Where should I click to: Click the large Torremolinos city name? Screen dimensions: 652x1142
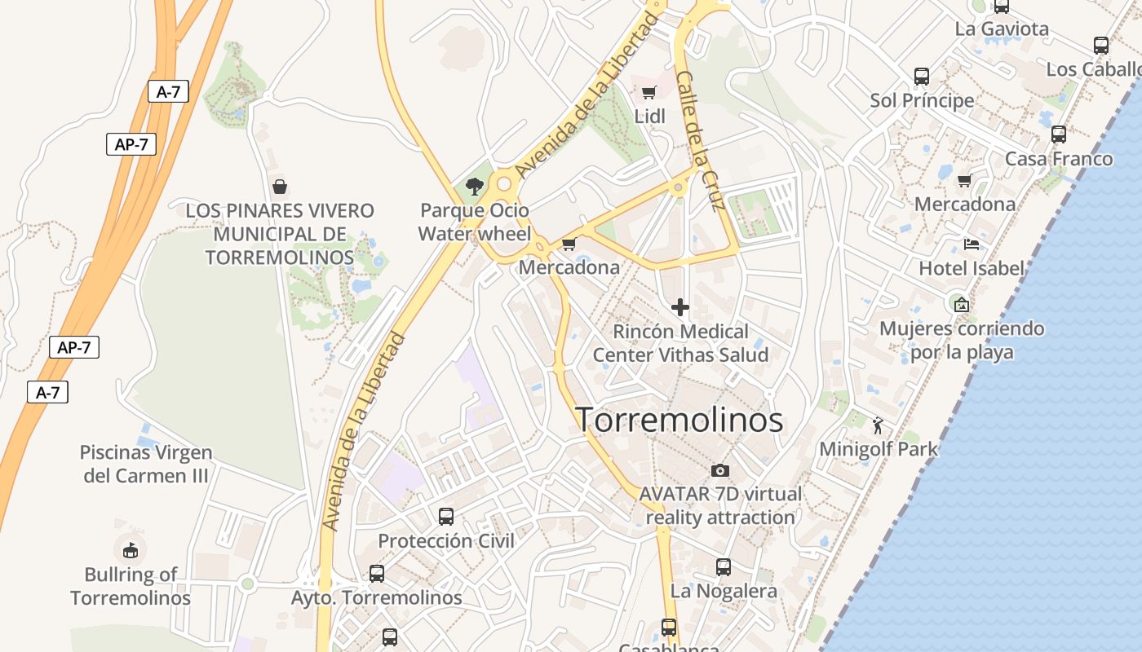pyautogui.click(x=679, y=420)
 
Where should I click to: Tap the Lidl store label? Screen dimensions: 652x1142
pyautogui.click(x=650, y=117)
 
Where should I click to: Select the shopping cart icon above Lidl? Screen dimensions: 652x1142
pyautogui.click(x=648, y=92)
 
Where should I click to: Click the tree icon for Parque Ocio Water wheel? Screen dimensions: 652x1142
pyautogui.click(x=474, y=187)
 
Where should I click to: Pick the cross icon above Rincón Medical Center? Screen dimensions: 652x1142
pyautogui.click(x=679, y=307)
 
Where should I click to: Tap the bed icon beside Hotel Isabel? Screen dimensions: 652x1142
pyautogui.click(x=971, y=244)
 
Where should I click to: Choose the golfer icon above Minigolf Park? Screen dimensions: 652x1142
pyautogui.click(x=878, y=425)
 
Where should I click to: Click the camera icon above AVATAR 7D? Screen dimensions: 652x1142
pyautogui.click(x=719, y=470)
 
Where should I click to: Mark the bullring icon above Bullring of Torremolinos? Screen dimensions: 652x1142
pyautogui.click(x=131, y=550)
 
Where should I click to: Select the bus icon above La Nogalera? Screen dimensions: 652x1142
pyautogui.click(x=724, y=567)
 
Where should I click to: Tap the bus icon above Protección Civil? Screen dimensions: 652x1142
pyautogui.click(x=446, y=517)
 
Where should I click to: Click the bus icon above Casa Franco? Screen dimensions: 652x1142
pyautogui.click(x=1059, y=134)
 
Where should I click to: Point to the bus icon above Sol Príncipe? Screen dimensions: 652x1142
pyautogui.click(x=922, y=77)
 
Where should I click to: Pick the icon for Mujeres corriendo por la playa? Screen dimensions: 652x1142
pyautogui.click(x=962, y=305)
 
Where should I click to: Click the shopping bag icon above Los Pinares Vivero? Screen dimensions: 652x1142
pyautogui.click(x=280, y=187)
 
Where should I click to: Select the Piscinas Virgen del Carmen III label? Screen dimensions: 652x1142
pyautogui.click(x=146, y=464)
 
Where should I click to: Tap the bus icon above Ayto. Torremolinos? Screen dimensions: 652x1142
pyautogui.click(x=377, y=574)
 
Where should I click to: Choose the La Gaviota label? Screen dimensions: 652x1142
pyautogui.click(x=1002, y=29)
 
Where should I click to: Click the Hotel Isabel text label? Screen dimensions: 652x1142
pyautogui.click(x=971, y=268)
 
